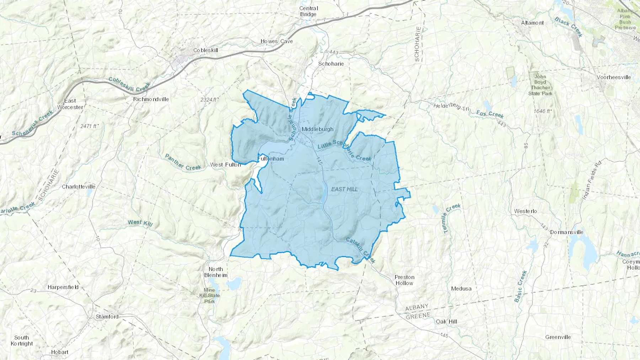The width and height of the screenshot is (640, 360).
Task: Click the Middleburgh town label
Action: point(318,129)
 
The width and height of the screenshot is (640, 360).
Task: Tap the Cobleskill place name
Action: point(206,50)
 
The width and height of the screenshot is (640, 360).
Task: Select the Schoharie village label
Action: point(331,64)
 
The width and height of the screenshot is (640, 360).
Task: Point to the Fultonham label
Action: point(271,159)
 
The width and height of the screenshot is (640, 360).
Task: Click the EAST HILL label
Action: point(344,189)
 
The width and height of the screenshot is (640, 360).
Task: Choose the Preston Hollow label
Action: point(404,280)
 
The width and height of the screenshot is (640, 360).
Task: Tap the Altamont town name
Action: point(532,23)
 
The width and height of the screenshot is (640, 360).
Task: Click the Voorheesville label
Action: point(614,77)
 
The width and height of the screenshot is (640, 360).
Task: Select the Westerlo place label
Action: point(526,211)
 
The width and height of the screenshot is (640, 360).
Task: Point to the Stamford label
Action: point(107,317)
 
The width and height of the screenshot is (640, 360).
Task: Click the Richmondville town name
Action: point(151,99)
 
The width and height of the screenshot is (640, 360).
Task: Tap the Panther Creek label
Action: point(183,162)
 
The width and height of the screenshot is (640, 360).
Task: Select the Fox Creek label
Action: point(490,114)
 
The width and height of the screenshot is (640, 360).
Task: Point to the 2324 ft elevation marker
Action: point(209,100)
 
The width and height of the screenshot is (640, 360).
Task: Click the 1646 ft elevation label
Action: point(543,111)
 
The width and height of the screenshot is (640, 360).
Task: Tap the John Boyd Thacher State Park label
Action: point(540,85)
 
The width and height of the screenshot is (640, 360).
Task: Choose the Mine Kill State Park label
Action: point(209,296)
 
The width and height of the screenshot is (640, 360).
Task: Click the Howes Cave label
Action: point(277,42)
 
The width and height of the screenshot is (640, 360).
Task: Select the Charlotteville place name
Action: point(79,187)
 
